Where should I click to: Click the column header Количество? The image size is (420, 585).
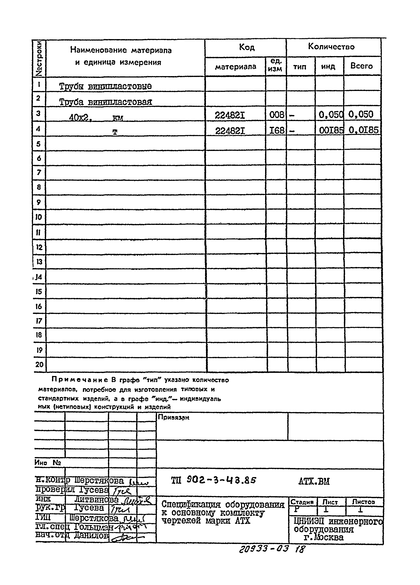coord(331,47)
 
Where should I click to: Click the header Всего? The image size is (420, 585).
coord(361,66)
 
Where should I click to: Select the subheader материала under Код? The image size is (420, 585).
coord(235,67)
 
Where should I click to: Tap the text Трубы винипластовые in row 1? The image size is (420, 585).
coord(105,86)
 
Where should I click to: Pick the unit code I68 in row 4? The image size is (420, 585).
coord(276,131)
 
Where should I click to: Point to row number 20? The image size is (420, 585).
coord(39,365)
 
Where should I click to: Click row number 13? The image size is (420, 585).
coord(39,262)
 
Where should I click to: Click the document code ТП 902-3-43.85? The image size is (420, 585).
coord(213,480)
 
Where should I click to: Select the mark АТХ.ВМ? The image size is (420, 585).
coord(314,481)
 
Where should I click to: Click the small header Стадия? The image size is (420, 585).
coord(302,502)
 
